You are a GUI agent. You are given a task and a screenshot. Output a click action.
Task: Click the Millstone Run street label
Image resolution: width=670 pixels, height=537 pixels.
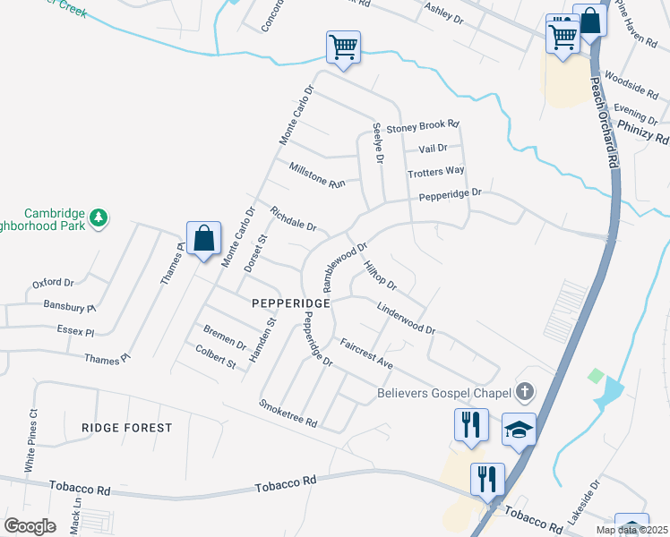click(317, 175)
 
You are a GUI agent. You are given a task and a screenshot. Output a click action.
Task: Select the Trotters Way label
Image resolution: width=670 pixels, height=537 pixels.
click(435, 171)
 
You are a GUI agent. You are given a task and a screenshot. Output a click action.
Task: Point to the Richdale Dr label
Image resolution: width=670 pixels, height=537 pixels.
click(293, 220)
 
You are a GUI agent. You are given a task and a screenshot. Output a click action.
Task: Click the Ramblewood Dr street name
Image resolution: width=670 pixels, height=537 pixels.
click(345, 266)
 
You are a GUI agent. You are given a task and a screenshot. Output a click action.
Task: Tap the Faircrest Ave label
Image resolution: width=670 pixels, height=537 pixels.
click(366, 354)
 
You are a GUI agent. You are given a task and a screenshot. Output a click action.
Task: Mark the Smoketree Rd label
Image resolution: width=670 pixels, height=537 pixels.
click(288, 413)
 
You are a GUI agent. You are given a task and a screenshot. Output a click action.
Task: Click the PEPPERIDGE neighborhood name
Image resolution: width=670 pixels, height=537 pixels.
click(291, 303)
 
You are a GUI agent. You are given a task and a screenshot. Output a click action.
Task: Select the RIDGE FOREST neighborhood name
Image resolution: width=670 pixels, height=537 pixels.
click(126, 428)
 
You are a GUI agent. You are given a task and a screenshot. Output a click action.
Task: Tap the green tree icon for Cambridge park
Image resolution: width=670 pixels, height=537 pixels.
click(99, 216)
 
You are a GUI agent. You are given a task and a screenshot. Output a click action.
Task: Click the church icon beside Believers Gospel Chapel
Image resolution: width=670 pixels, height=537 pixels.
click(524, 391)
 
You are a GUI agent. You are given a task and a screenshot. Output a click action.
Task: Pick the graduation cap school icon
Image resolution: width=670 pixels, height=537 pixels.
click(519, 429)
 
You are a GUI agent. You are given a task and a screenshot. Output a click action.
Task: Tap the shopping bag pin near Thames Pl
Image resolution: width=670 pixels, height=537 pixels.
click(204, 239)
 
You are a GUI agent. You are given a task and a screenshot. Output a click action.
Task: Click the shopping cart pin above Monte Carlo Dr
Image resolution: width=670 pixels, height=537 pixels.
click(343, 46)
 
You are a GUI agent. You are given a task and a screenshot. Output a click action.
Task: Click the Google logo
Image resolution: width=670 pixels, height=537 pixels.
click(30, 525)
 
